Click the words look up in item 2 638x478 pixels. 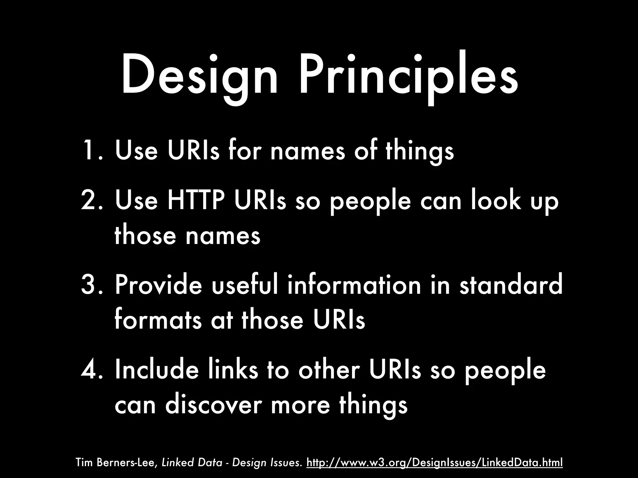coord(514,201)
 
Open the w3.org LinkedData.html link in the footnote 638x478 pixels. coord(435,462)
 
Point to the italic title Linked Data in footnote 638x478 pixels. coord(192,462)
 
